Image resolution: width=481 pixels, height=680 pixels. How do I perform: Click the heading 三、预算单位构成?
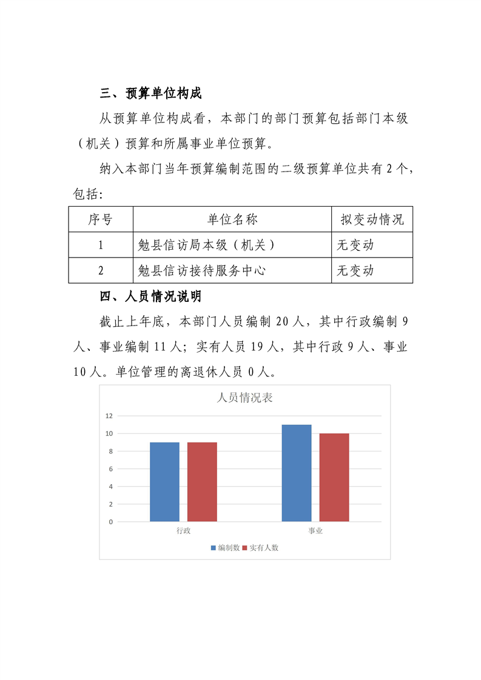click(150, 93)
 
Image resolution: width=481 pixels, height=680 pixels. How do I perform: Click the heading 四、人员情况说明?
click(150, 297)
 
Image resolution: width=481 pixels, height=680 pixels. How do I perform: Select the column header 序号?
click(101, 219)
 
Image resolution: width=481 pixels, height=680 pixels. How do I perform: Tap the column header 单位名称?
click(232, 219)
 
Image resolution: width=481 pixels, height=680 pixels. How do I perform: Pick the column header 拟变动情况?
click(372, 219)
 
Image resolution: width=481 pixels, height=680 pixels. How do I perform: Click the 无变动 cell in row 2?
click(355, 270)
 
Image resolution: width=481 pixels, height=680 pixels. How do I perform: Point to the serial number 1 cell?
click(101, 245)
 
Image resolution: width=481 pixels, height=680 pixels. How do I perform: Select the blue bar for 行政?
click(164, 482)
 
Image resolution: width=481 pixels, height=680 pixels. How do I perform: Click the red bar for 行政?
click(202, 482)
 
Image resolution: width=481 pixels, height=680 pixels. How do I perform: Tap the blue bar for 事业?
click(297, 473)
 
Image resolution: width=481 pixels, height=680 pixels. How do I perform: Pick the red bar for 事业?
click(334, 478)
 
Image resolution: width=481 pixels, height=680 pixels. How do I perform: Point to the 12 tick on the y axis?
click(109, 416)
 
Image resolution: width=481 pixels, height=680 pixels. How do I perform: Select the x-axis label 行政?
click(183, 531)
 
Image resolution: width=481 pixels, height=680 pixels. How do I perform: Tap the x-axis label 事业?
click(315, 531)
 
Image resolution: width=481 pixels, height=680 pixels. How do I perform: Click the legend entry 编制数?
click(226, 547)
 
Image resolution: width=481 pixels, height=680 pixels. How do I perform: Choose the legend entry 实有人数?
click(260, 547)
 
